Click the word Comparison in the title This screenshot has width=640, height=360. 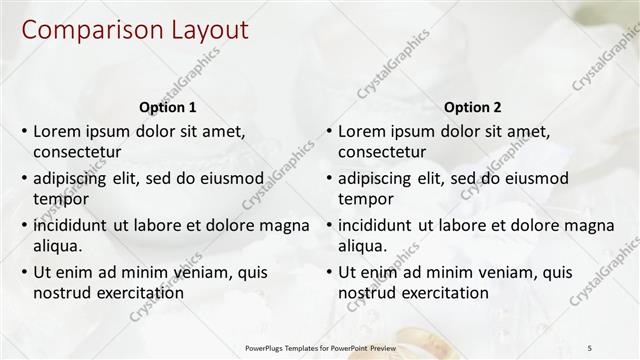[x=88, y=31]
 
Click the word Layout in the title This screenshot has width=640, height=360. [x=202, y=31]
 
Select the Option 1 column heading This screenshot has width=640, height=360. [x=168, y=107]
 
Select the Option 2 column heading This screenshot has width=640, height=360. [x=473, y=107]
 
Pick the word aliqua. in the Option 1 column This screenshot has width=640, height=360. [x=60, y=246]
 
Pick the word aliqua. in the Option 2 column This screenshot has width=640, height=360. [x=365, y=246]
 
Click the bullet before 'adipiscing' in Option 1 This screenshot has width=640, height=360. [x=24, y=179]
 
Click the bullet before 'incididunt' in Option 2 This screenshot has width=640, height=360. [x=329, y=226]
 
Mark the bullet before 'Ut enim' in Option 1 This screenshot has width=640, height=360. [x=24, y=272]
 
